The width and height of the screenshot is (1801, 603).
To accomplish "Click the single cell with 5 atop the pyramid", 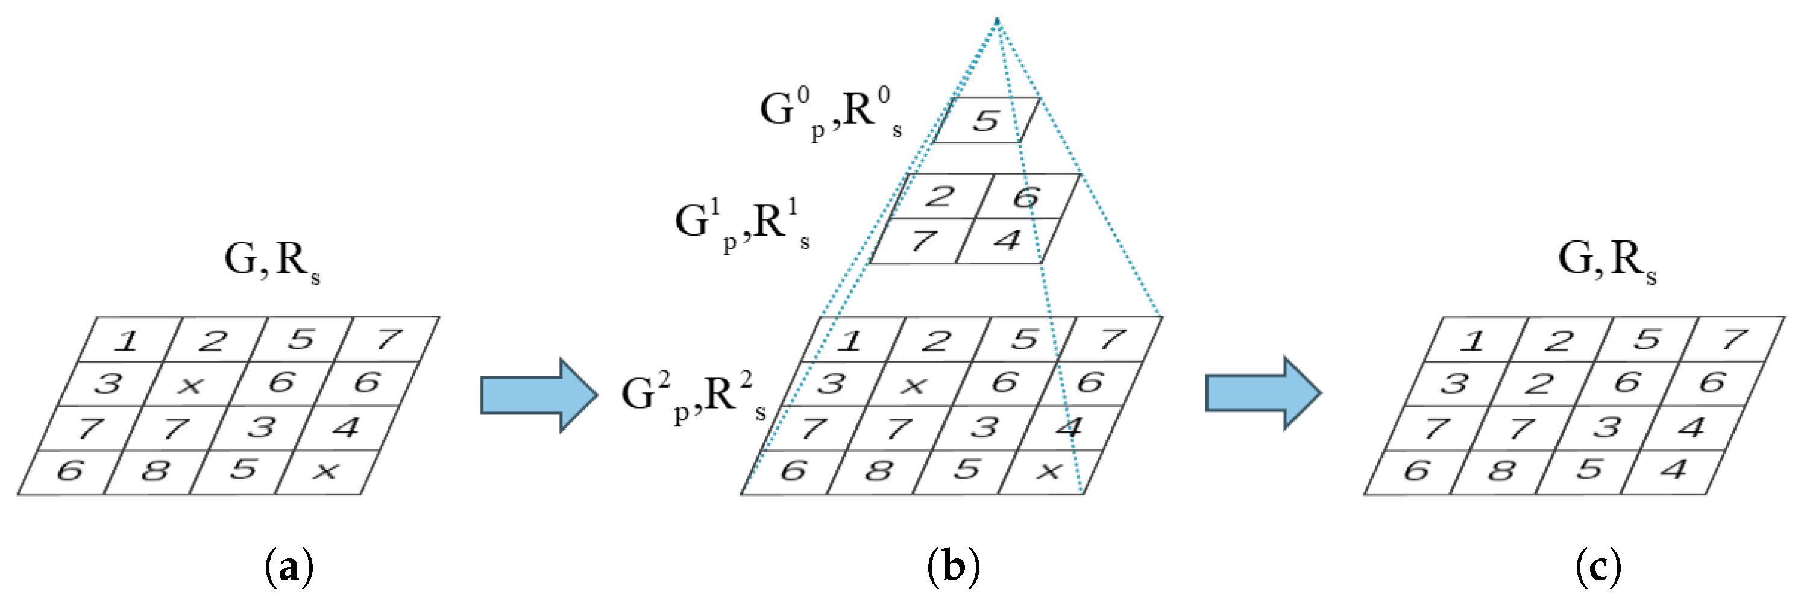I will [986, 121].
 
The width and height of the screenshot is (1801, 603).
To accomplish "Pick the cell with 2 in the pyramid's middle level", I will [939, 196].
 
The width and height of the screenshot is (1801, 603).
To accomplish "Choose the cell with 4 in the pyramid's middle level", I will [1007, 241].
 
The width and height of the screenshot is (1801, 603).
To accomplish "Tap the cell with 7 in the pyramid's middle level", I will [923, 241].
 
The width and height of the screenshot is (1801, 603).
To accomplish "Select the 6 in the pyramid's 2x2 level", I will [1026, 197].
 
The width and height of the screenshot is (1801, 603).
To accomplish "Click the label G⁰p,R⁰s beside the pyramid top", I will [831, 112].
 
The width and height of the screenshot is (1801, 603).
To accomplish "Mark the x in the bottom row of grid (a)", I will [325, 472].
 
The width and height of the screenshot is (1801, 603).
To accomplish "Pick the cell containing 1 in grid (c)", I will [1473, 340].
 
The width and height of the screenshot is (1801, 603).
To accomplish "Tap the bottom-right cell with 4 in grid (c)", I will [1673, 469].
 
